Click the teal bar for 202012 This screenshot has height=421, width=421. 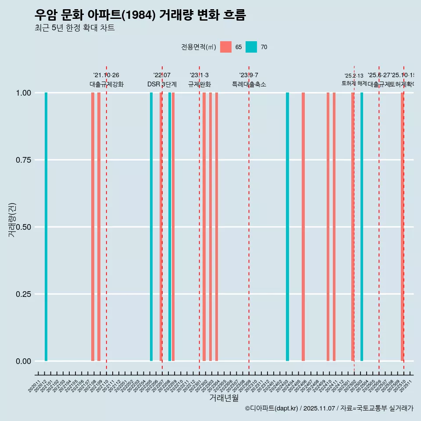46,227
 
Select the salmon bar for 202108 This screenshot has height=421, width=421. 93,227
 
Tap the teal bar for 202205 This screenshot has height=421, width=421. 151,227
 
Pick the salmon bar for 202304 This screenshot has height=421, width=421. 217,227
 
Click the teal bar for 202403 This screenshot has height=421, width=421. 288,227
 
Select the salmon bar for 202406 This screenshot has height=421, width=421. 303,227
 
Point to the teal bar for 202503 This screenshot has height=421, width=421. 362,227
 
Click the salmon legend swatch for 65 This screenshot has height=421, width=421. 226,47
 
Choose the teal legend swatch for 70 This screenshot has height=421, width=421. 251,47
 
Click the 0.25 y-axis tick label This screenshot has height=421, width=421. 23,294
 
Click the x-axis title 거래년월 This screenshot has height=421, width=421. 224,398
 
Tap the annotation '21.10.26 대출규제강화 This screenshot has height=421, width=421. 107,80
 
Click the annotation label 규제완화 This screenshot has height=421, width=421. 200,85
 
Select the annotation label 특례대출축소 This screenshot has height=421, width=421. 249,85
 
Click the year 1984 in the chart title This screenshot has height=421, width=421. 138,15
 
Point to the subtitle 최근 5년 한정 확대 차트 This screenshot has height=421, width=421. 75,28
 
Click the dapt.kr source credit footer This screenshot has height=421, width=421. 329,408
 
